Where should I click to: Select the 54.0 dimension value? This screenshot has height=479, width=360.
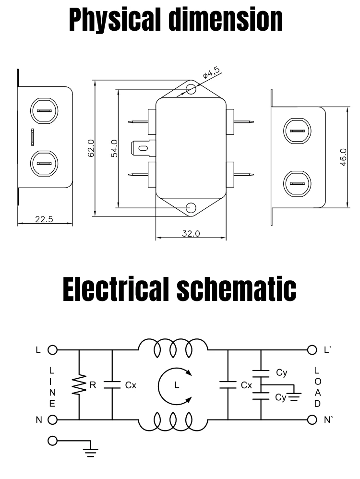click(115, 148)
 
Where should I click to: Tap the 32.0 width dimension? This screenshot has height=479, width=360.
click(191, 234)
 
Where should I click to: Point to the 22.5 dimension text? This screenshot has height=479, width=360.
click(44, 220)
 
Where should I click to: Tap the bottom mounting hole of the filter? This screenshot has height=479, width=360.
click(191, 208)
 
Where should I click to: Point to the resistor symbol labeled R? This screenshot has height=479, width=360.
click(78, 385)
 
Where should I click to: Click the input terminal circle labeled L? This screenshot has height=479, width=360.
click(52, 350)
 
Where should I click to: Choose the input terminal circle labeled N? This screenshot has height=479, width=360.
click(52, 420)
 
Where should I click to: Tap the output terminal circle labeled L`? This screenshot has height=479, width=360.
click(311, 350)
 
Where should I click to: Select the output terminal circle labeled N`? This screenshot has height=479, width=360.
click(311, 420)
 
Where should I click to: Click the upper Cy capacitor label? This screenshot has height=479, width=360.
click(282, 372)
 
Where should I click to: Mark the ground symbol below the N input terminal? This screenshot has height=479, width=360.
click(90, 450)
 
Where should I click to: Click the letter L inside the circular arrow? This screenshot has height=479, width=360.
click(176, 385)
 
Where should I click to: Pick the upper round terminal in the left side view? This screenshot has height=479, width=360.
click(44, 110)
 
